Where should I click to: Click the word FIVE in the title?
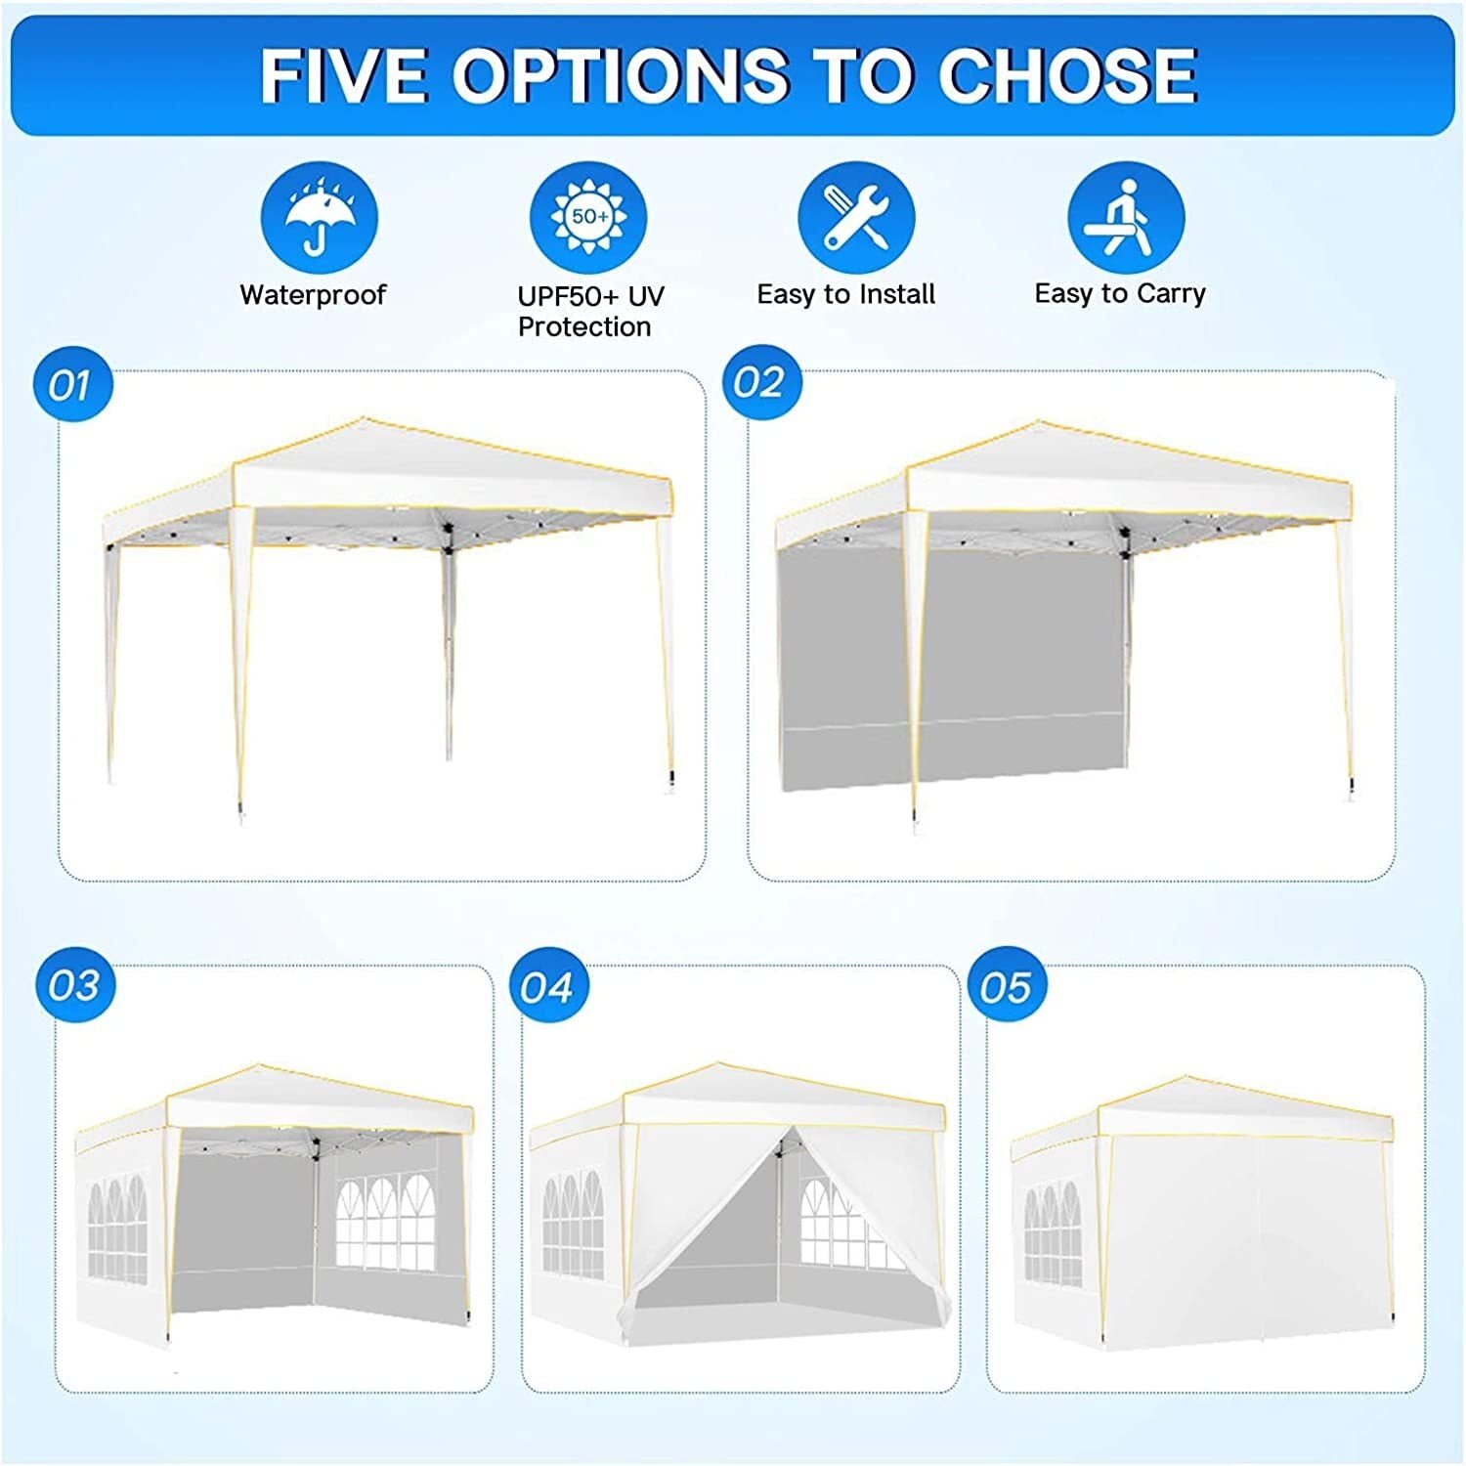pyautogui.click(x=343, y=75)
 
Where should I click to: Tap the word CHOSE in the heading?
pyautogui.click(x=1067, y=75)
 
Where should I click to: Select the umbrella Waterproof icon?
pyautogui.click(x=320, y=219)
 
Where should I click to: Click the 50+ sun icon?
pyautogui.click(x=588, y=219)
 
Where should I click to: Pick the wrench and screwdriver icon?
pyautogui.click(x=856, y=219)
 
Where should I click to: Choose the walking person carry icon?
pyautogui.click(x=1126, y=219)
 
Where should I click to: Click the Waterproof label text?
pyautogui.click(x=313, y=294)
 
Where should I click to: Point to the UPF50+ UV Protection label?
pyautogui.click(x=589, y=311)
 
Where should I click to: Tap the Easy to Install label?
pyautogui.click(x=846, y=294)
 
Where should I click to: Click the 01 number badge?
pyautogui.click(x=72, y=385)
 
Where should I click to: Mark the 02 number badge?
pyautogui.click(x=761, y=382)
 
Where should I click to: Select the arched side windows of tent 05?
pyautogui.click(x=1054, y=1233)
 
